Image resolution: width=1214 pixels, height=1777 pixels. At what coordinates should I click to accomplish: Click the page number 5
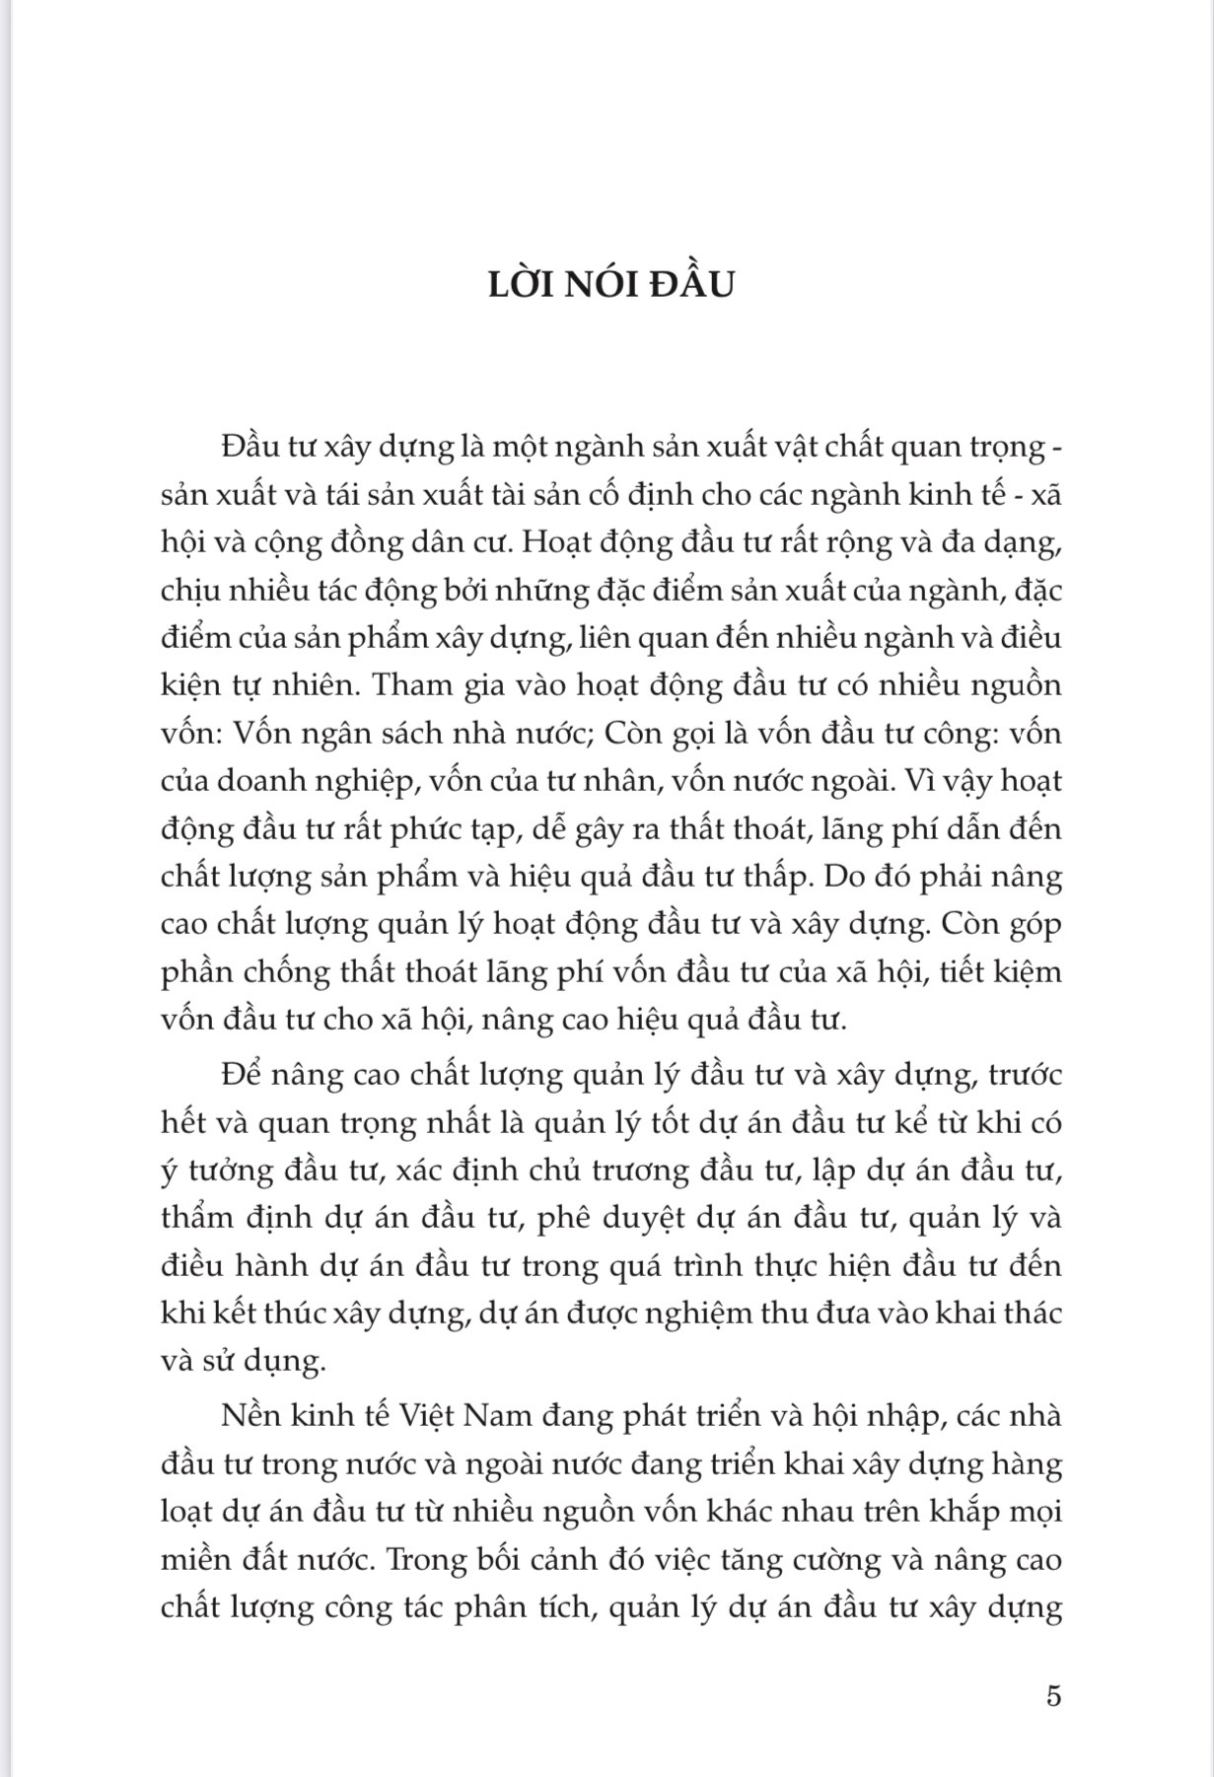[1053, 1696]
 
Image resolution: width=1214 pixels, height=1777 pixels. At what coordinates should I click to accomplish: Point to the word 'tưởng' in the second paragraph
[223, 1171]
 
